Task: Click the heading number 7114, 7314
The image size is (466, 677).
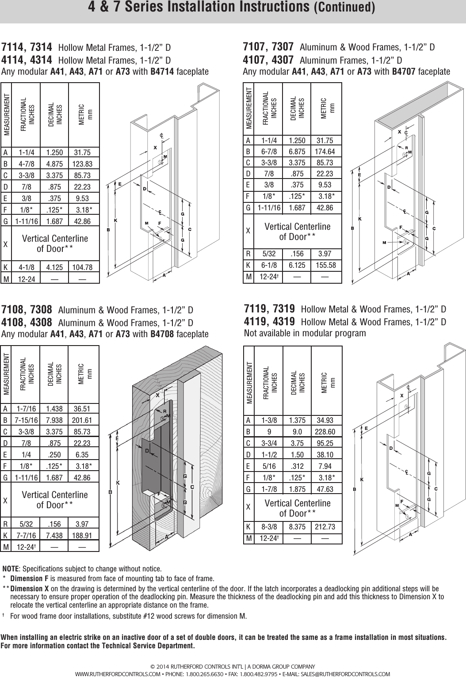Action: [x=27, y=47]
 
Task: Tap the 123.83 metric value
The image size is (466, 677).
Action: [x=82, y=164]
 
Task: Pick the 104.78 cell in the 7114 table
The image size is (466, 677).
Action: [x=82, y=267]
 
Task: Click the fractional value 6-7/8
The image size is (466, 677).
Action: [x=269, y=152]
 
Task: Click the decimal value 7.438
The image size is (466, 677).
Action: [x=54, y=536]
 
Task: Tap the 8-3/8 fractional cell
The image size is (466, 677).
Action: [x=269, y=527]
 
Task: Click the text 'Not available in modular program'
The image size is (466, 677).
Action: [x=305, y=333]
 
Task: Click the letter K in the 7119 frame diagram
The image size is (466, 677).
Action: [x=362, y=479]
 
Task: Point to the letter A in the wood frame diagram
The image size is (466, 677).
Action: [x=167, y=536]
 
